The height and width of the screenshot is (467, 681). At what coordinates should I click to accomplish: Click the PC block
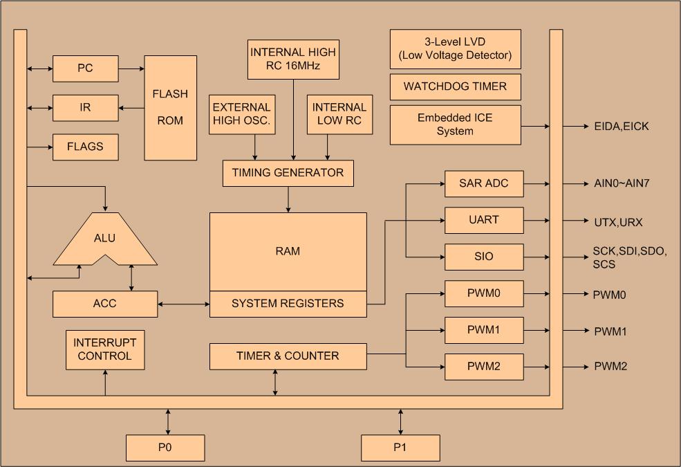point(85,68)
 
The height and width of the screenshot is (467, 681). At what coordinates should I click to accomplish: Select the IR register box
point(85,108)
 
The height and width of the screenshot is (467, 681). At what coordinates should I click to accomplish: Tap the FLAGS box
point(85,147)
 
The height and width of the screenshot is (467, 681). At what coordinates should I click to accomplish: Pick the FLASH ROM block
point(170,107)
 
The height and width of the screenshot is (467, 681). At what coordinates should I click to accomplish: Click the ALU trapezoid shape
point(105,239)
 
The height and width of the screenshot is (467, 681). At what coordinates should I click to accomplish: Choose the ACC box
point(105,304)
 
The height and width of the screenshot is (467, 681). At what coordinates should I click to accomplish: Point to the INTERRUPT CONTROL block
point(105,349)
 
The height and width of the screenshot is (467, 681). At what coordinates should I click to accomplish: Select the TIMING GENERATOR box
point(288,173)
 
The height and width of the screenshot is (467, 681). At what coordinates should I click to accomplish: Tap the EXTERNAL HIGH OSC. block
point(241,115)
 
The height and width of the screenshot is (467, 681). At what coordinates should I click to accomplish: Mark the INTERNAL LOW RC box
point(339,115)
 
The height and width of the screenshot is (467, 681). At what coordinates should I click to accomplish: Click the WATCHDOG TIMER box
point(455,86)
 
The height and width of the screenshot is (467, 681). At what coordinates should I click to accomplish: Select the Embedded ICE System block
point(455,125)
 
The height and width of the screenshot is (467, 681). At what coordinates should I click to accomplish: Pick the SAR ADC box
point(484,183)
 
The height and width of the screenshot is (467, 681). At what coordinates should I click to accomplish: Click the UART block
point(484,220)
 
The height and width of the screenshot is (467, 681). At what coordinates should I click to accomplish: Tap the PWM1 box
point(484,330)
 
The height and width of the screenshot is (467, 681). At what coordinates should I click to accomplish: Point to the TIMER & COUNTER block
point(288,356)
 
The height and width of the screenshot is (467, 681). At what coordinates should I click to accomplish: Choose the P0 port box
point(165,448)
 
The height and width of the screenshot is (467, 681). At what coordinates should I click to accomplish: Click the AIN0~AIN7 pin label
point(622,184)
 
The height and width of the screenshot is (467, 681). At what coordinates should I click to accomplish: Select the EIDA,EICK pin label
point(622,127)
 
